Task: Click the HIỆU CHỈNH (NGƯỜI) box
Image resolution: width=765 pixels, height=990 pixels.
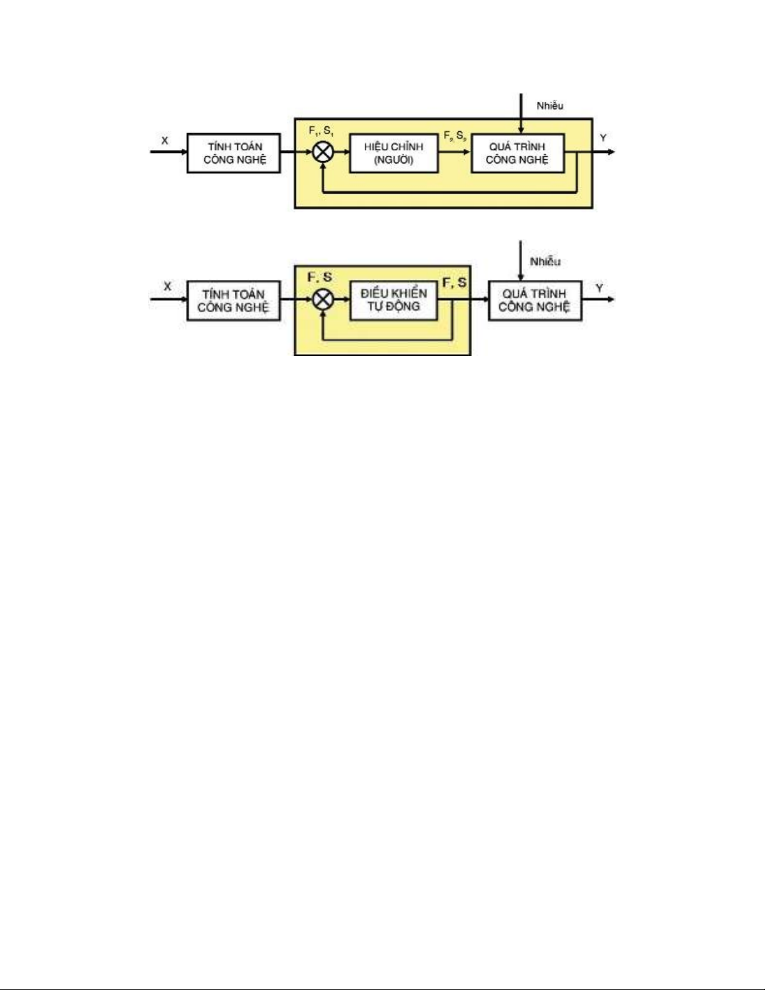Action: (x=394, y=153)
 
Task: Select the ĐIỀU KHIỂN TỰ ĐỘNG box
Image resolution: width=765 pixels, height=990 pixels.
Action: (x=393, y=300)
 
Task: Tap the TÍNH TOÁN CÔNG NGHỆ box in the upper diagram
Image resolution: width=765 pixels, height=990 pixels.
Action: (x=234, y=153)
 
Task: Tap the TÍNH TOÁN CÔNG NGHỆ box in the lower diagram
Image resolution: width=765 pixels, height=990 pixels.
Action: (x=234, y=300)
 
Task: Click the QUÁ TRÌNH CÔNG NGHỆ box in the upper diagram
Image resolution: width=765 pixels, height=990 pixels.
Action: (x=518, y=153)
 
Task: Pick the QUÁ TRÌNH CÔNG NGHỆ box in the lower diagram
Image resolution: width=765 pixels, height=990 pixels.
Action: (x=535, y=300)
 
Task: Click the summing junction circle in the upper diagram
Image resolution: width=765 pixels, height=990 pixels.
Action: (x=323, y=152)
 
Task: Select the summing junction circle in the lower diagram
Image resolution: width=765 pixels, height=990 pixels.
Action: (x=323, y=300)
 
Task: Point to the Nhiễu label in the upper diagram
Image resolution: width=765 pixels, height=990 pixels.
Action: (x=550, y=106)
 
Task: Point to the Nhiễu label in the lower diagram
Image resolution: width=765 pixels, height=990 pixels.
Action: (x=545, y=262)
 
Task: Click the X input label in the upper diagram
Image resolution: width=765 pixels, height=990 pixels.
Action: (x=165, y=141)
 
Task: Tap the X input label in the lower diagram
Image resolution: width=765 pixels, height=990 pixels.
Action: (x=167, y=286)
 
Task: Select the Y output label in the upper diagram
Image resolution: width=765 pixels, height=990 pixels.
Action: (x=603, y=137)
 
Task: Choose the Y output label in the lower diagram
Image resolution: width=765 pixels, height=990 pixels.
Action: (x=600, y=288)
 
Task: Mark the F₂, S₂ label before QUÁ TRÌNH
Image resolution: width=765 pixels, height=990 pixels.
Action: (x=455, y=136)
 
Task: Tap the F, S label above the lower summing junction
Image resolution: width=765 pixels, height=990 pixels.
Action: (x=320, y=277)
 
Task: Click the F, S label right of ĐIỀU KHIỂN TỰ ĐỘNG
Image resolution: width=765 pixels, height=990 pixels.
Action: (x=455, y=283)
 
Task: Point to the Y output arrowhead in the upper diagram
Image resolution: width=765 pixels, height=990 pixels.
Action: (x=611, y=152)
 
